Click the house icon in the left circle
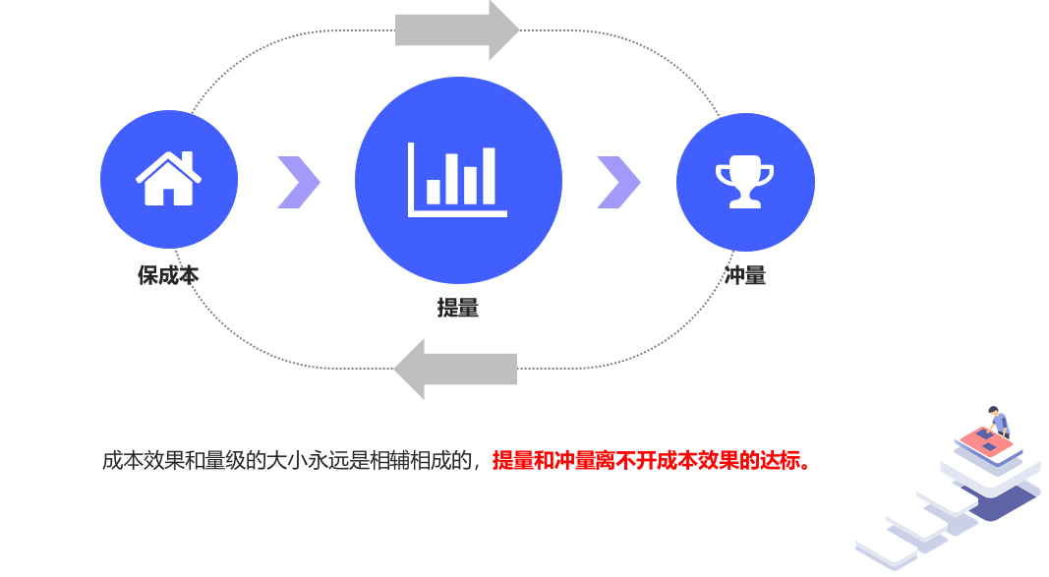[168, 179]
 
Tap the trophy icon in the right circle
[744, 181]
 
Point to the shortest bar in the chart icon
[433, 191]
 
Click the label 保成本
[168, 275]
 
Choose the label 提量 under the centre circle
[458, 308]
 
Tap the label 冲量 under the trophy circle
[745, 275]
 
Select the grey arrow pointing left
[456, 369]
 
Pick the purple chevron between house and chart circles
[298, 182]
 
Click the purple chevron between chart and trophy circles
[618, 182]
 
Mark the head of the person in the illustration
[994, 411]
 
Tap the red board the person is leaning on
[983, 441]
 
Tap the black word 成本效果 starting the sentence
[139, 460]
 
